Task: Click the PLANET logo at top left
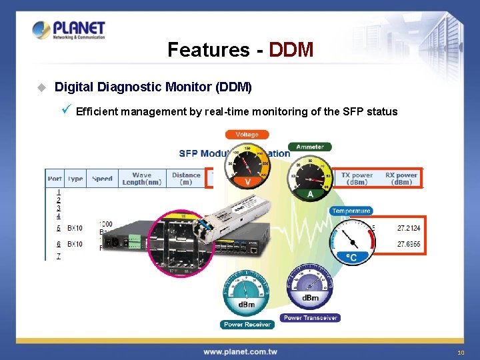tap(69, 31)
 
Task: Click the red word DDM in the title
tap(291, 49)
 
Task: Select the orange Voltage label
tap(247, 134)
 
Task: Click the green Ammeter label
tap(309, 147)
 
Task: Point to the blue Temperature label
tap(351, 211)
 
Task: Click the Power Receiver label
tap(247, 325)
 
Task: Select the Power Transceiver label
tap(311, 318)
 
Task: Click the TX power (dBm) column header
tap(357, 179)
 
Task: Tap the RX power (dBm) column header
tap(401, 179)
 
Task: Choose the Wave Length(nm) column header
tap(141, 179)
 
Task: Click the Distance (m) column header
tap(186, 179)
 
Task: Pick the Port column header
tap(55, 179)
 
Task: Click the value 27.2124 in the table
tap(409, 228)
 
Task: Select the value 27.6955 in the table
tap(409, 245)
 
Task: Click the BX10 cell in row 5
tap(75, 228)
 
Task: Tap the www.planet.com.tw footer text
tap(241, 351)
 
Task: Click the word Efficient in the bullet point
tap(97, 111)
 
